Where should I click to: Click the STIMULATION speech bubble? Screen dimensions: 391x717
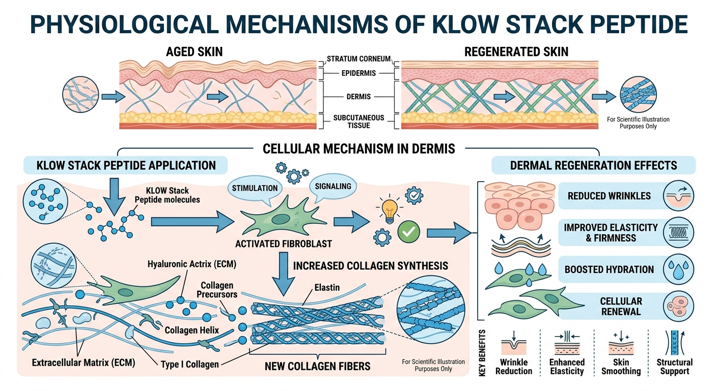coord(255,188)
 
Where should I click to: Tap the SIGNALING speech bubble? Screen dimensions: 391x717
coord(333,187)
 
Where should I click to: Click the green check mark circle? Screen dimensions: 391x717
coord(408,232)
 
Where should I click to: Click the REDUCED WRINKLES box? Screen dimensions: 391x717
coord(609,196)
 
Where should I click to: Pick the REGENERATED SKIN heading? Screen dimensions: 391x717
coord(516,51)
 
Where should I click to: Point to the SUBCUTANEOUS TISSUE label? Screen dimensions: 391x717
coord(358,122)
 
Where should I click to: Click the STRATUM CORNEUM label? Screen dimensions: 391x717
coord(358,59)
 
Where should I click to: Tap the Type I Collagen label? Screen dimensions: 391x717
coord(189,364)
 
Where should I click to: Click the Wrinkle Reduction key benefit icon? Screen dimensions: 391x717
coord(513,344)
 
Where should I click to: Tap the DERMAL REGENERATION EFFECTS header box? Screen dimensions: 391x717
coord(593,165)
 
